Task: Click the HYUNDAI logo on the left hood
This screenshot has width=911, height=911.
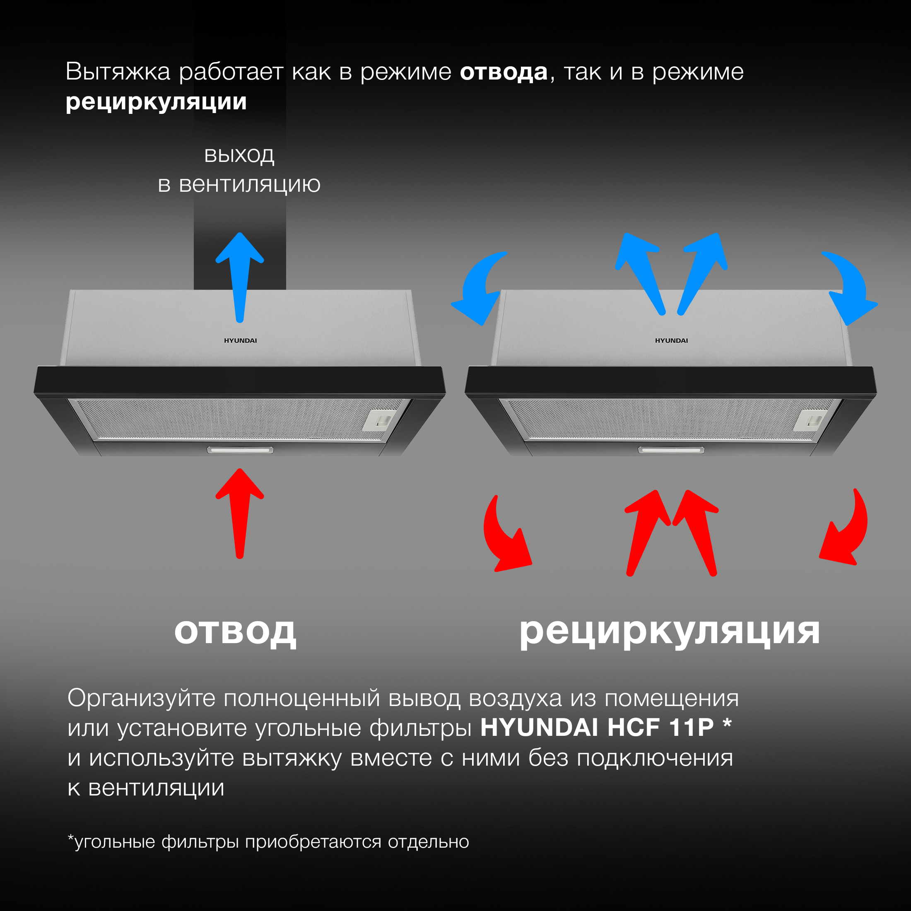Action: tap(240, 340)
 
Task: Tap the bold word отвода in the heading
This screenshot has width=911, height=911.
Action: tap(504, 72)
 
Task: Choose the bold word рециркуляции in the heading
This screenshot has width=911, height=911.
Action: tap(156, 102)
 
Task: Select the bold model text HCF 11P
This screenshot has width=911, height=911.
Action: tap(660, 728)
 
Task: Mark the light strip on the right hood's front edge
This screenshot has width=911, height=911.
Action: tap(671, 450)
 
